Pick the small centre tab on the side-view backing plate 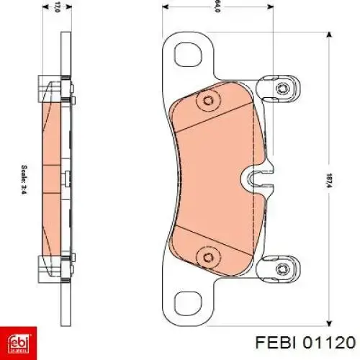point(65,177)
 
